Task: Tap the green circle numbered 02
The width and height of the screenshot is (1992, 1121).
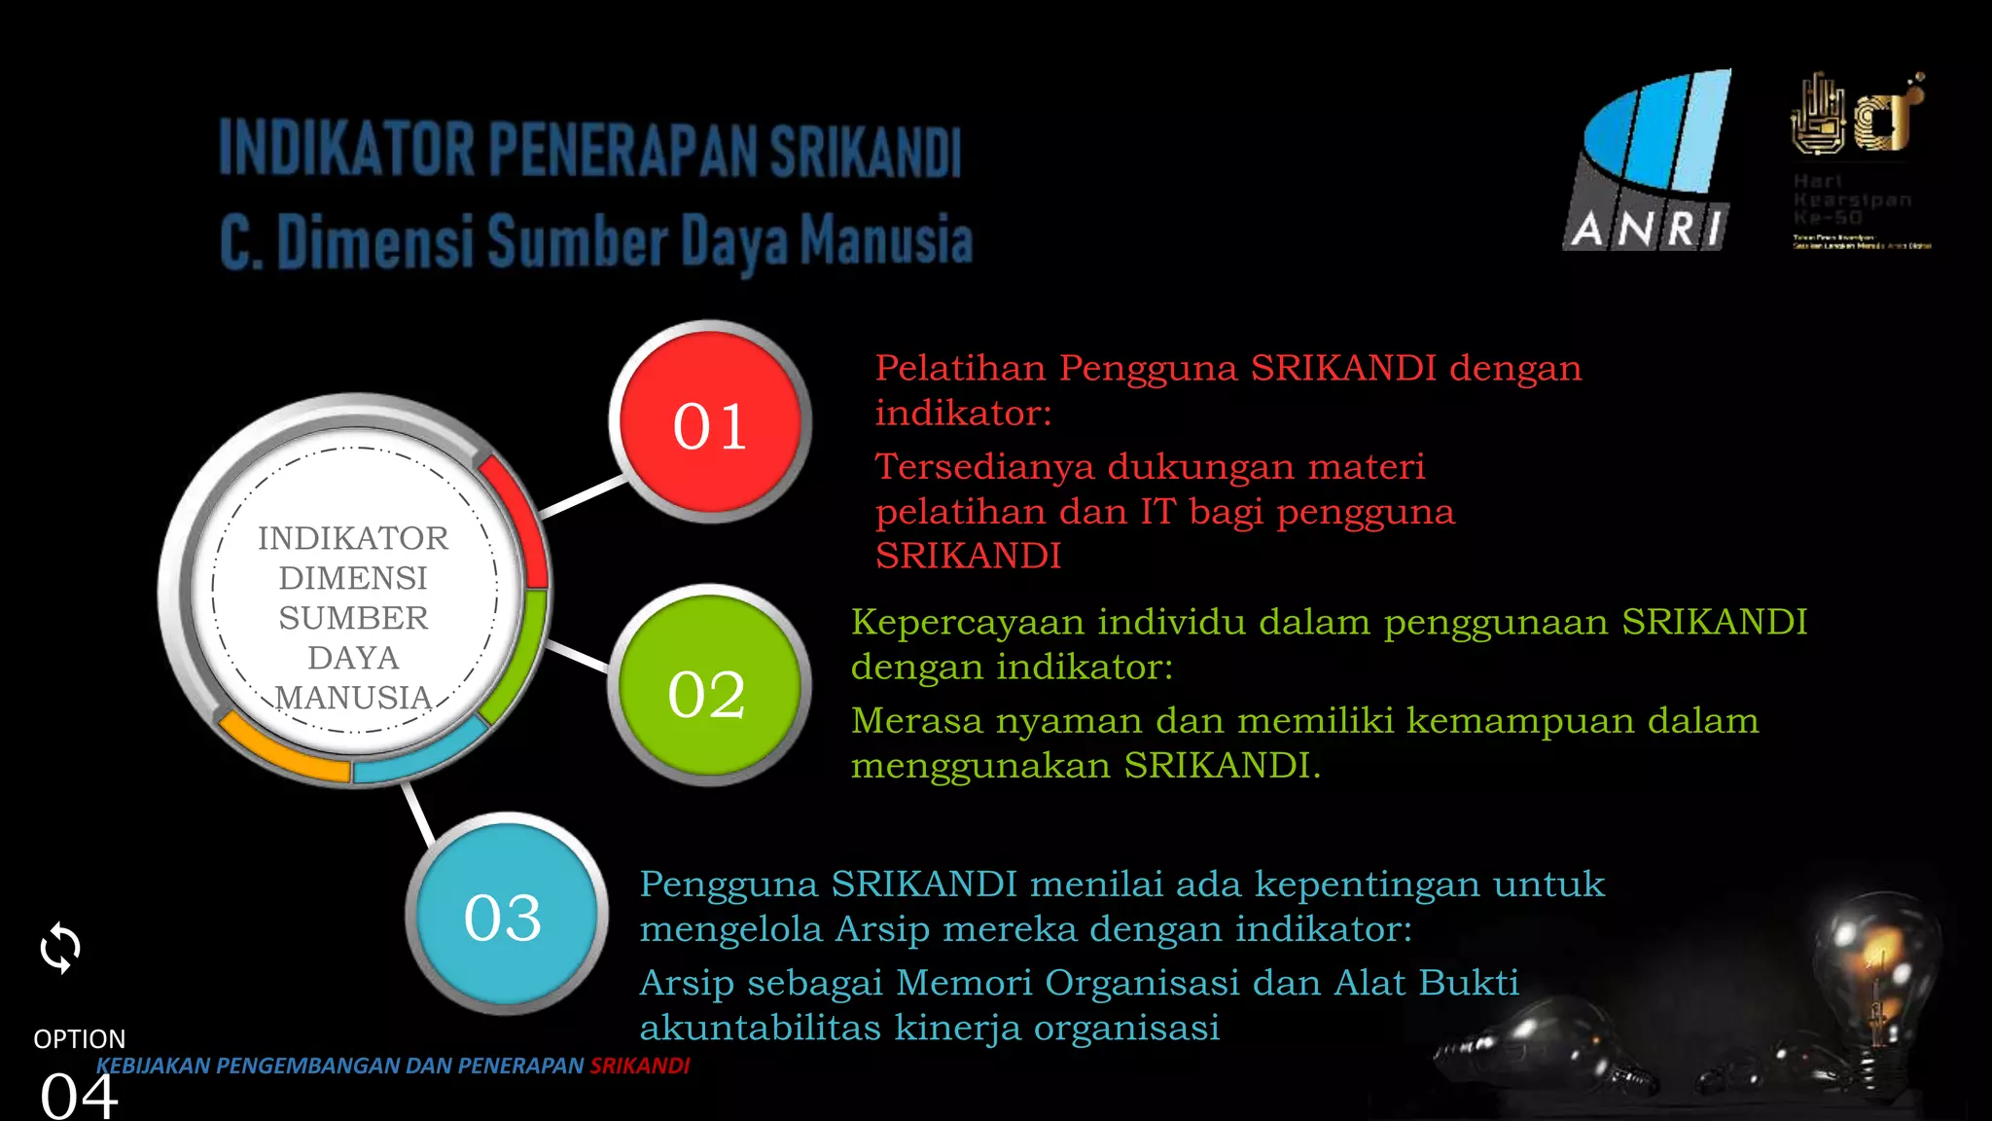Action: (709, 686)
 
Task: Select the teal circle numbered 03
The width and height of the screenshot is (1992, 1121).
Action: (505, 914)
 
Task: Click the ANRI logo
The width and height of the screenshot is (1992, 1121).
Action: (1650, 161)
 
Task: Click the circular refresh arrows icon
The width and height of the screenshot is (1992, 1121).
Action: (60, 948)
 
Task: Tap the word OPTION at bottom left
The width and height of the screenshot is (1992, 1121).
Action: (79, 1039)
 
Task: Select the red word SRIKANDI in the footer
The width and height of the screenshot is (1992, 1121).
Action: (640, 1067)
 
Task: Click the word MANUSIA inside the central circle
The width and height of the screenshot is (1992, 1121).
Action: (353, 698)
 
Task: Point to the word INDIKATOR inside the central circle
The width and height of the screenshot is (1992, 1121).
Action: (353, 538)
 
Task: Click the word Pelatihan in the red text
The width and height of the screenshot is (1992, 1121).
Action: (960, 369)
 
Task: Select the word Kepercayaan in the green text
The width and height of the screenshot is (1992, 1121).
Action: (968, 622)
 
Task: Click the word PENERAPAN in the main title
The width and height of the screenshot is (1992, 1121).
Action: (622, 151)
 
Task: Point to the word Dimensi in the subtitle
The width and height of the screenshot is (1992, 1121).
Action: (375, 241)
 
